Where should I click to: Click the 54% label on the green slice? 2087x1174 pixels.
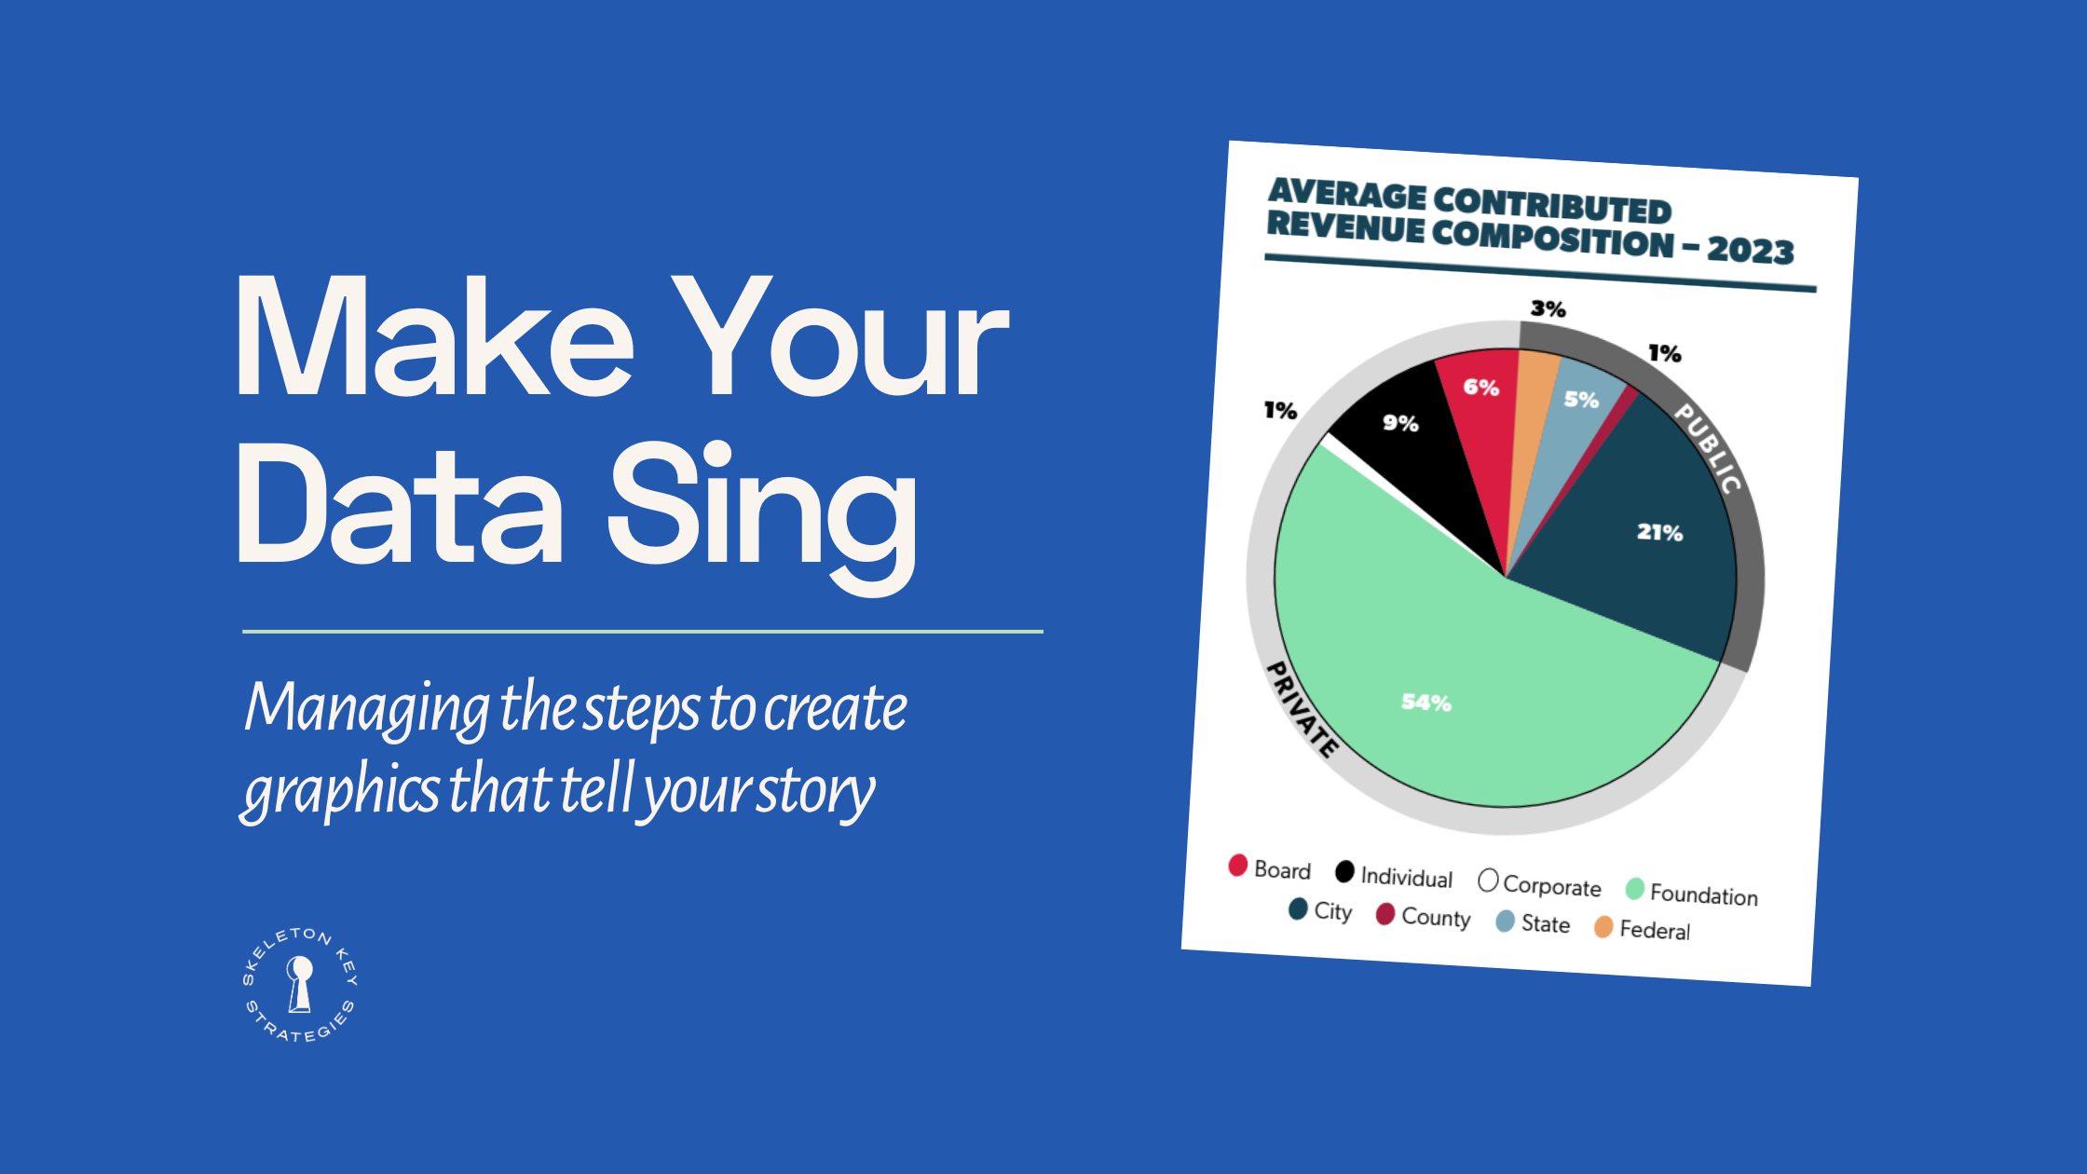tap(1426, 703)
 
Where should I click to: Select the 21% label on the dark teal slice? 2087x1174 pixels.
tap(1659, 533)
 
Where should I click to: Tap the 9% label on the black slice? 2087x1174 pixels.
tap(1400, 423)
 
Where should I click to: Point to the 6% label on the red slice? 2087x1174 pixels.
tap(1480, 388)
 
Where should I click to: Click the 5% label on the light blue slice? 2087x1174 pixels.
tap(1581, 400)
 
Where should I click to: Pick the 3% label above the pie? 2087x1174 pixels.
tap(1548, 309)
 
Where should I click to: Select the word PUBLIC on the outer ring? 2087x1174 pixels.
tap(1708, 448)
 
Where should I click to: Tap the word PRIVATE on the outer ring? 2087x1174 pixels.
tap(1303, 709)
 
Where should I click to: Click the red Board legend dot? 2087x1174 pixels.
tap(1237, 866)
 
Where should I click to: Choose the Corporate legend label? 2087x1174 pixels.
tap(1551, 886)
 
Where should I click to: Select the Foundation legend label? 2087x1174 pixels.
tap(1703, 895)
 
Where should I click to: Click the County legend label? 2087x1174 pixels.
tap(1436, 918)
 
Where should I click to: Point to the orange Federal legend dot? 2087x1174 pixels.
tap(1603, 927)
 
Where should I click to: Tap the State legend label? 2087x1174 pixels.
tap(1546, 924)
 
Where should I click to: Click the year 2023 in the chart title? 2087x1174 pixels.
tap(1750, 251)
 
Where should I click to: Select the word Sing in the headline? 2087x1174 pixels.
tap(761, 508)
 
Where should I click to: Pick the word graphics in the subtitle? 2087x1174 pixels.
tap(340, 790)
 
